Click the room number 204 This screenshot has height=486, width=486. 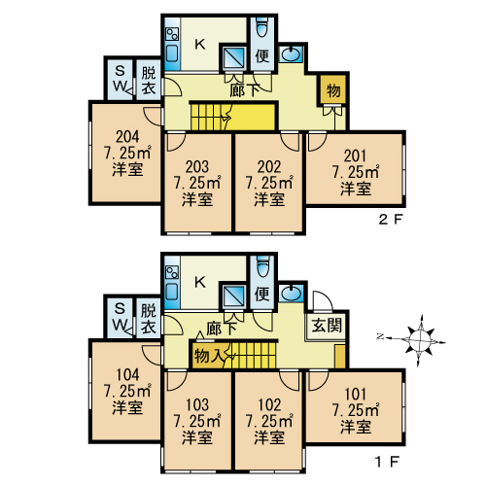tap(127, 137)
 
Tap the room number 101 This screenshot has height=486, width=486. tap(356, 395)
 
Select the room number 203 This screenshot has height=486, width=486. tap(197, 167)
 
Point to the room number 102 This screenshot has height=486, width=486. tap(269, 405)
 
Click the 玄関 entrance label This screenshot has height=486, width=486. tap(327, 325)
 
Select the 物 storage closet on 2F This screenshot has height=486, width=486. tap(333, 90)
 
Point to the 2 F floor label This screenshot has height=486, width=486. tap(391, 221)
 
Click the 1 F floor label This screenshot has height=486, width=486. tap(387, 462)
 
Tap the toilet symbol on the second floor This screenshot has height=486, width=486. tap(262, 27)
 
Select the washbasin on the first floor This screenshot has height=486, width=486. tap(291, 293)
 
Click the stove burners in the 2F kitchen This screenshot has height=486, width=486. tap(172, 35)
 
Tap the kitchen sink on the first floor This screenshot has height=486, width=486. tap(172, 291)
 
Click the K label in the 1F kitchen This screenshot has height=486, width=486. tap(200, 282)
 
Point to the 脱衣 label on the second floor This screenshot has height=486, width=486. tap(149, 81)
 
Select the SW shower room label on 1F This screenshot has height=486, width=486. tap(121, 317)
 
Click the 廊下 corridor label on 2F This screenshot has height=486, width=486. tap(245, 90)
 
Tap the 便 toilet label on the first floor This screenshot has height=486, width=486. tap(262, 295)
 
